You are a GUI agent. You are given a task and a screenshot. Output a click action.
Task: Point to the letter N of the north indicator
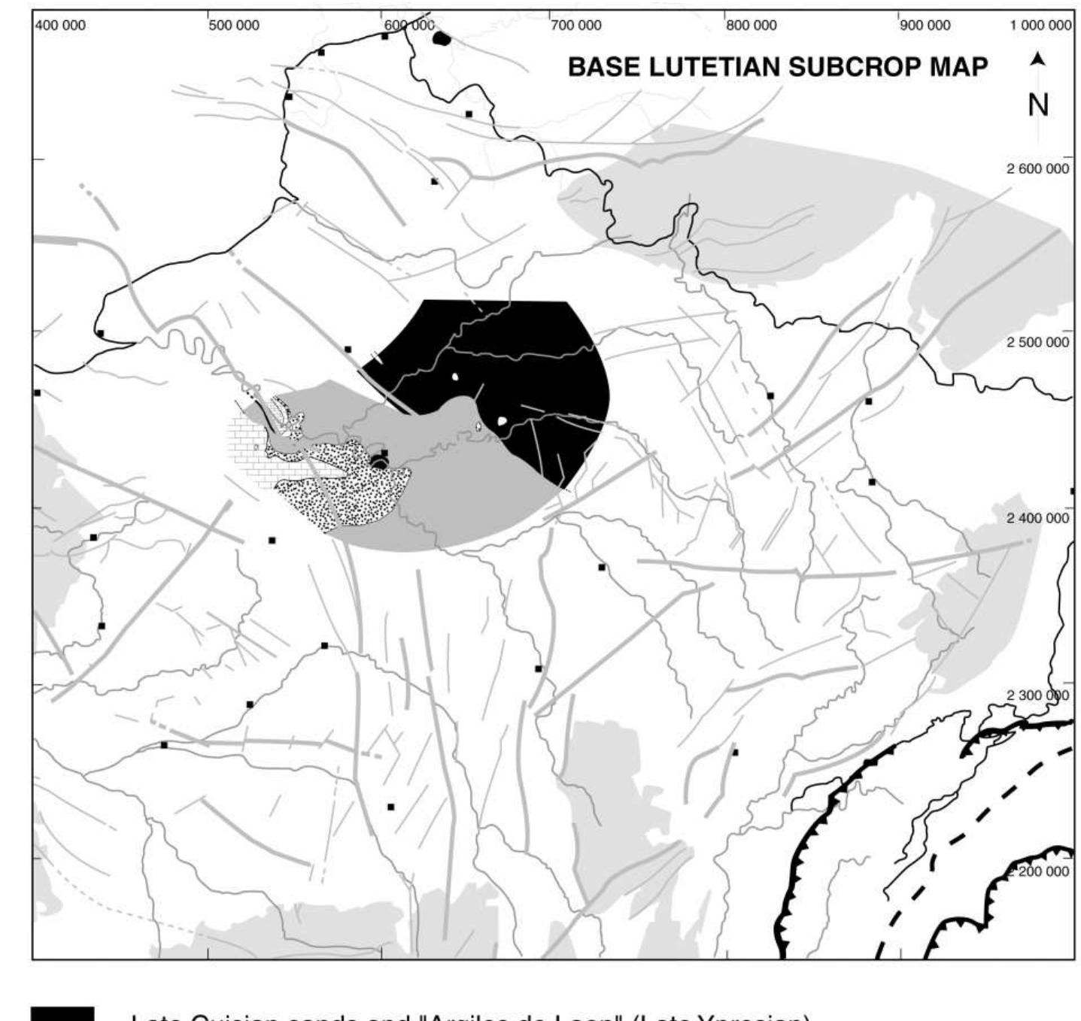tap(1038, 105)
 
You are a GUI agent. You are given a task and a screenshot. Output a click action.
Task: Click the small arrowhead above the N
tap(1038, 59)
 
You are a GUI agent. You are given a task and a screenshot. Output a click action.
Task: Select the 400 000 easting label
tap(60, 26)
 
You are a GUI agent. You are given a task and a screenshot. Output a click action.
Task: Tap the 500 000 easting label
tap(234, 26)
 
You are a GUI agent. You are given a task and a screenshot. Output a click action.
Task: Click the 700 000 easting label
tap(576, 26)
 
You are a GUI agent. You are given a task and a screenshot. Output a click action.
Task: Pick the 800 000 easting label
tap(751, 26)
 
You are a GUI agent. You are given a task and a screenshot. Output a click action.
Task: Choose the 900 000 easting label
tap(925, 26)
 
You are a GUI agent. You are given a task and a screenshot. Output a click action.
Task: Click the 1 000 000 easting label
tap(1040, 26)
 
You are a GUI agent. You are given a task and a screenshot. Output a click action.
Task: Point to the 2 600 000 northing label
tap(1037, 169)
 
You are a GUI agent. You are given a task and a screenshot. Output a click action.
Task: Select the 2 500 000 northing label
tap(1037, 343)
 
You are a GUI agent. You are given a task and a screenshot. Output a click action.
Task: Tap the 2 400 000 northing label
tap(1037, 519)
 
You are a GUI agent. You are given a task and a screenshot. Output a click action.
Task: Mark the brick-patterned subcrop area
tap(248, 451)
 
